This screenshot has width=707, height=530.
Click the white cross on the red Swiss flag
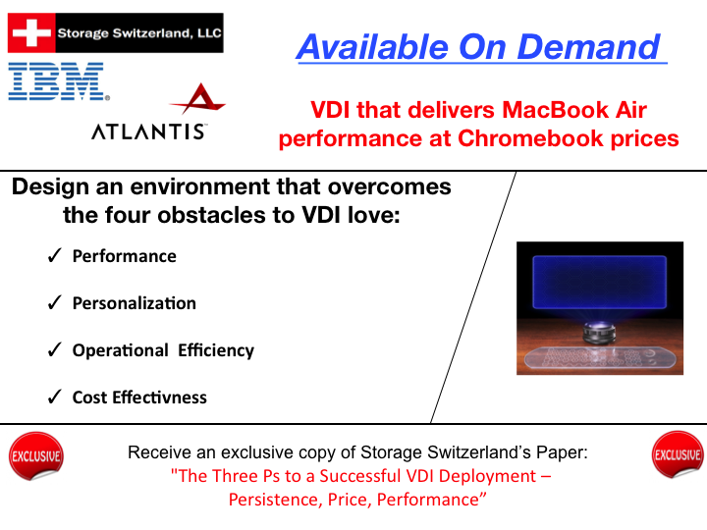coord(30,33)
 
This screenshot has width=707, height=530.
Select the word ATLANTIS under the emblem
coord(148,132)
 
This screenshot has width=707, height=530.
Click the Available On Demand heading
coord(479,46)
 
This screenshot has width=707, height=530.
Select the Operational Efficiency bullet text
coord(163,350)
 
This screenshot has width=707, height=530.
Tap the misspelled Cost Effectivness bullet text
coord(139,397)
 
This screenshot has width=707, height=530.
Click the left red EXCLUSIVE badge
coord(35,455)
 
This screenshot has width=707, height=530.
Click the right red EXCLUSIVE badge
coord(678,455)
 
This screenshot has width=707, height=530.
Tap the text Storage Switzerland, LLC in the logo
coord(139,33)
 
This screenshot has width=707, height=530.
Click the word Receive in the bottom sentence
coord(159,453)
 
